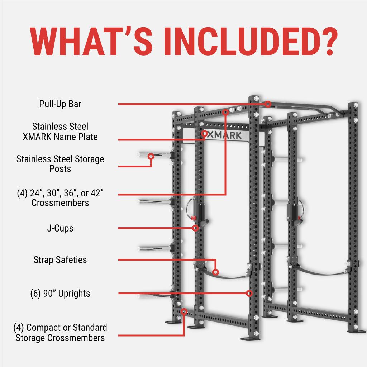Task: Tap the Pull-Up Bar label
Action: [60, 104]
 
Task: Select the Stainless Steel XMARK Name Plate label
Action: [60, 132]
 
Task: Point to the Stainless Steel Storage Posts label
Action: [60, 163]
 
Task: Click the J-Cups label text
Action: [60, 228]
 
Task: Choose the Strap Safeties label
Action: [60, 259]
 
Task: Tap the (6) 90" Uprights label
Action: [60, 294]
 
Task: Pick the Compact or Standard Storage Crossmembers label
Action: [60, 332]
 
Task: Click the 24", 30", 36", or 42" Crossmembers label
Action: [60, 198]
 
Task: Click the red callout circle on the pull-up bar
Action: [268, 104]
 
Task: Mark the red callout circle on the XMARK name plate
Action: [204, 134]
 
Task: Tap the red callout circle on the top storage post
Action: [151, 156]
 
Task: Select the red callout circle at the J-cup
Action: [195, 228]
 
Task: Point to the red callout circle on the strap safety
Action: [215, 272]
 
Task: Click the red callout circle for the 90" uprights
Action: [249, 293]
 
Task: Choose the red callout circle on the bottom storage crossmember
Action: [184, 311]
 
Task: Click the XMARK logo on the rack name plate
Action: [224, 135]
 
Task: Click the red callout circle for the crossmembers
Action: [225, 112]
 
